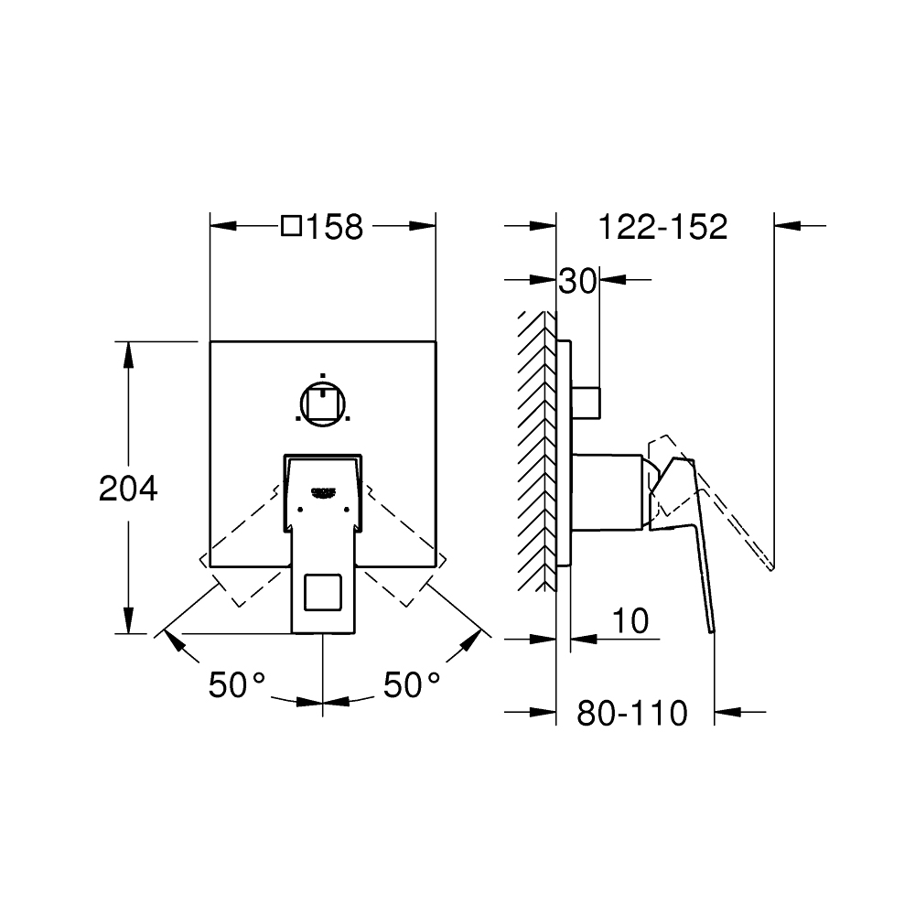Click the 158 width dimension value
[335, 227]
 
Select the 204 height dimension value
[128, 489]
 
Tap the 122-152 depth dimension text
[662, 227]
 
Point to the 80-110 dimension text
[631, 713]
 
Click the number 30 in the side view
[577, 281]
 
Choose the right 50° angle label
[412, 684]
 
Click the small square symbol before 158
[291, 226]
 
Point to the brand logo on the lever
[325, 490]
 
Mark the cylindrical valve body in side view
[606, 491]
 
